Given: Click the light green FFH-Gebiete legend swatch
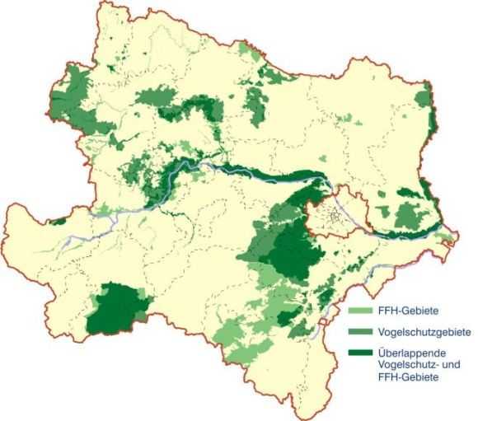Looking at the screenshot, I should click(x=360, y=312).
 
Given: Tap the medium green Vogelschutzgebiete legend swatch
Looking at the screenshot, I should click(x=360, y=333).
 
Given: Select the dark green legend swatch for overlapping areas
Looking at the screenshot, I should click(x=360, y=353).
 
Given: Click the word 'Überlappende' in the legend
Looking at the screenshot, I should click(x=410, y=352).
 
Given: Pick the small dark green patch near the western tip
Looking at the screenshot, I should click(x=59, y=220).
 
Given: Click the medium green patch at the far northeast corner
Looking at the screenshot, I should click(x=423, y=99).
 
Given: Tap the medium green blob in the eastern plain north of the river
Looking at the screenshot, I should click(x=405, y=216).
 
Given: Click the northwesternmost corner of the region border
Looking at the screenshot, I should click(x=101, y=4).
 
